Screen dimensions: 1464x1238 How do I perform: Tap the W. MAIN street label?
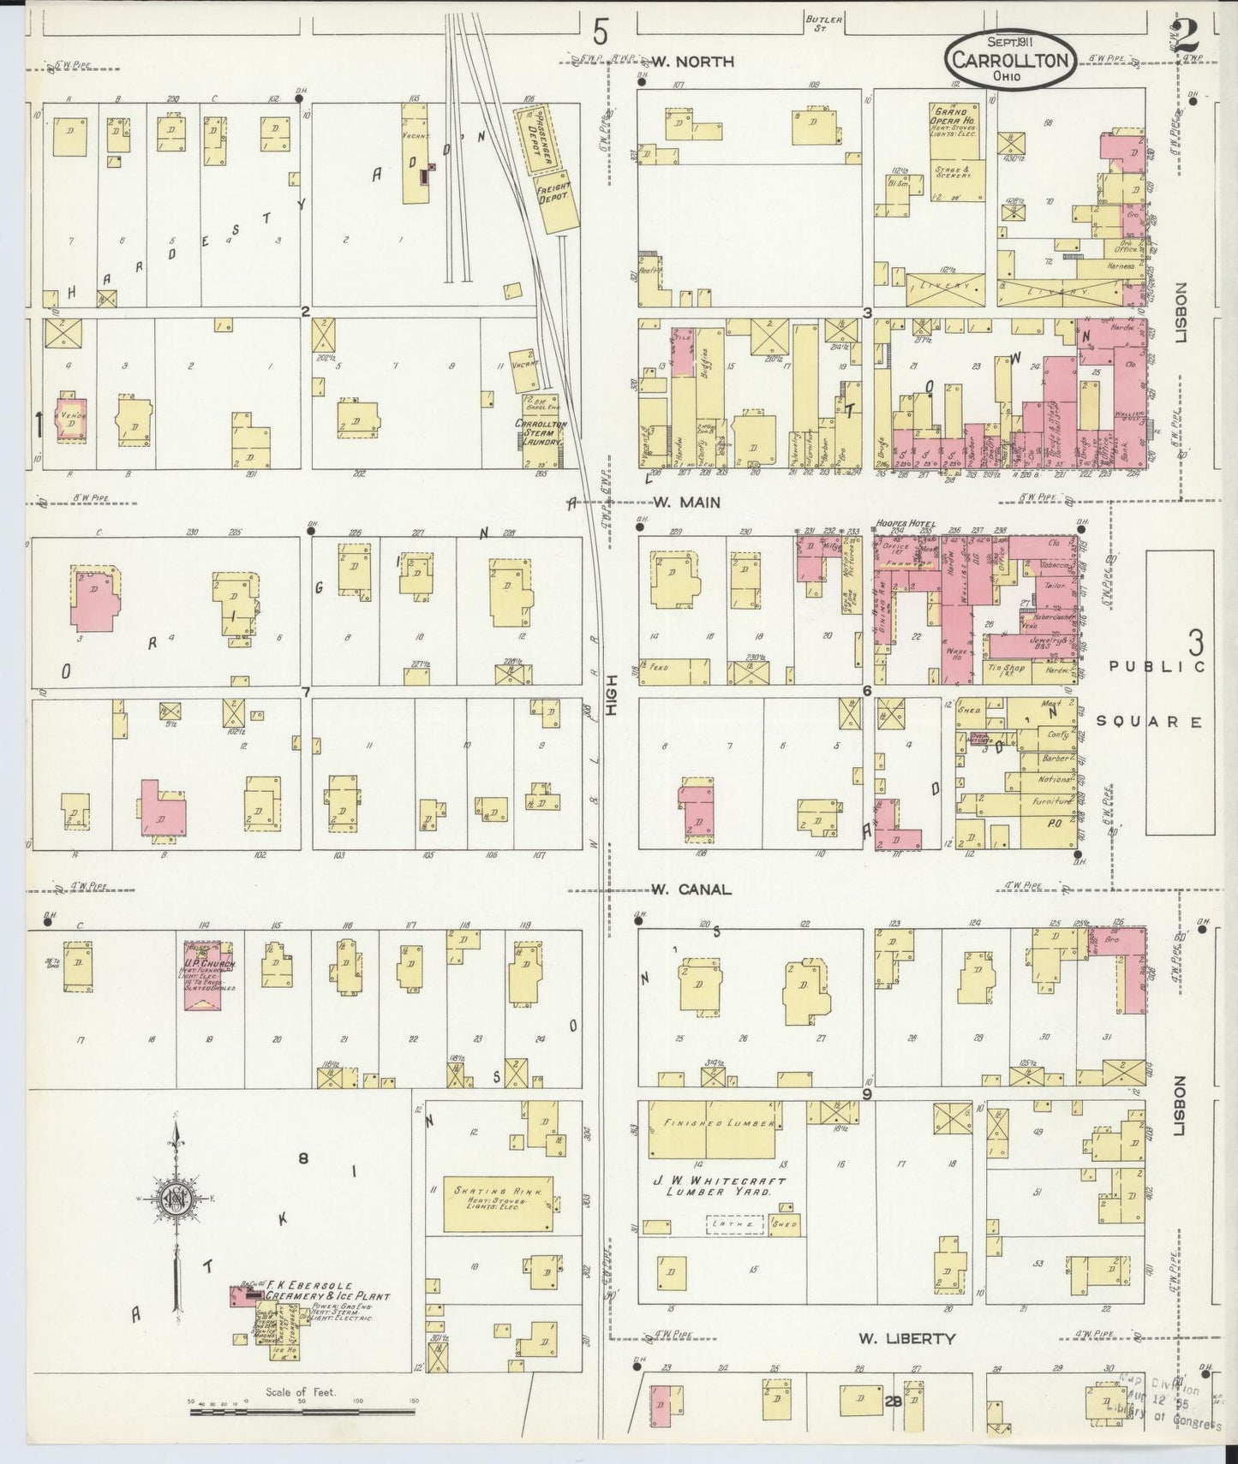686,503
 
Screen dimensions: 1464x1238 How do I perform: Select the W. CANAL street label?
691,890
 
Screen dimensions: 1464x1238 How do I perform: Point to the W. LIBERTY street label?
907,1338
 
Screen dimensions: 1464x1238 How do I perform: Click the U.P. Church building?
209,976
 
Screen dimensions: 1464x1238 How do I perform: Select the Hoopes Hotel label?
904,524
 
